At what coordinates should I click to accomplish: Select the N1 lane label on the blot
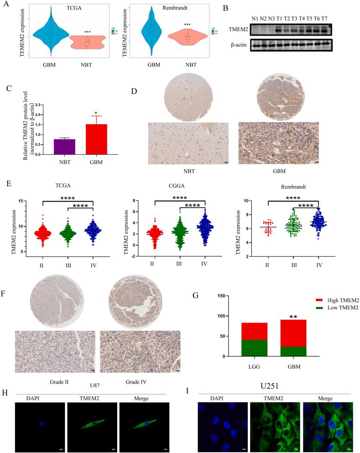(x=256, y=18)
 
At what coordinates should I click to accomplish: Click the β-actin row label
(x=239, y=45)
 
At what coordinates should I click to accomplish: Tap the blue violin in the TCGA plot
(x=51, y=34)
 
